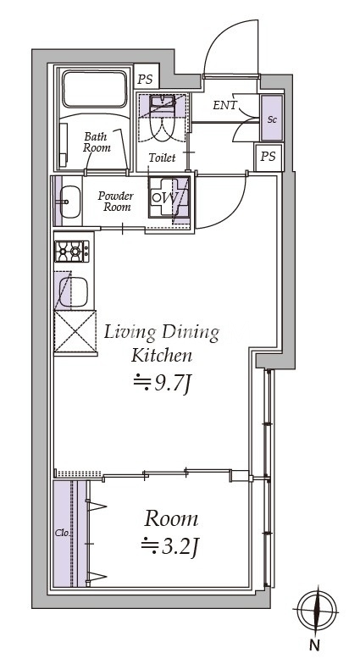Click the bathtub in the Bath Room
click(95, 89)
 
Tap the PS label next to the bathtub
click(147, 79)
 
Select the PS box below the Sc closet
click(268, 158)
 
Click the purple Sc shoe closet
click(271, 119)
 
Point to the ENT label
click(225, 105)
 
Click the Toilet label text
click(162, 158)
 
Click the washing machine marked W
click(168, 196)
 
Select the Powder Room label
click(115, 202)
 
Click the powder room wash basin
click(69, 202)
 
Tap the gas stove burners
click(72, 252)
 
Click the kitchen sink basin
click(73, 291)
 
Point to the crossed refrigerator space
click(75, 332)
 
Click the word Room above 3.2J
click(171, 519)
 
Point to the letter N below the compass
click(313, 645)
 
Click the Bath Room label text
click(97, 142)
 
